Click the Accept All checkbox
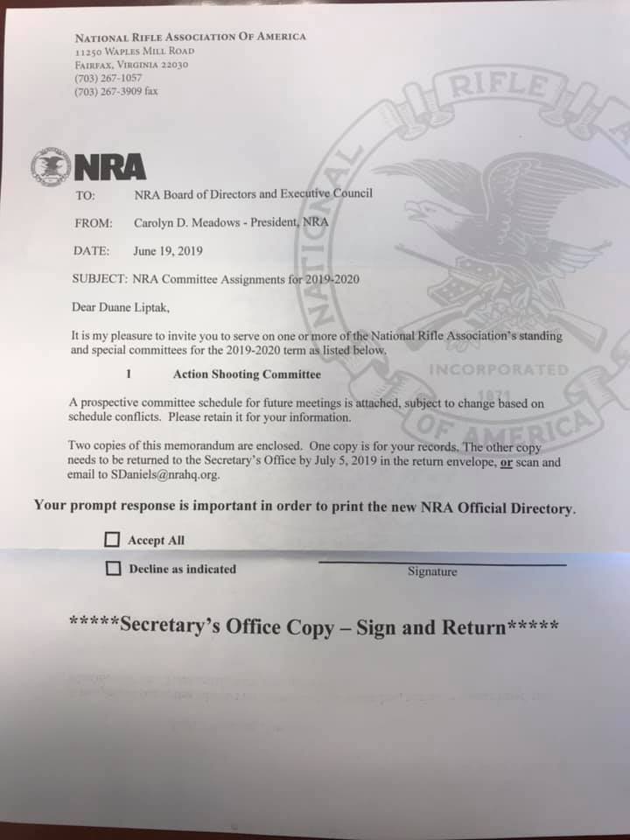click(x=113, y=540)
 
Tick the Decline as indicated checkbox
click(x=113, y=569)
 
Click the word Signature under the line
click(x=432, y=571)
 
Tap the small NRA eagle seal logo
click(x=50, y=165)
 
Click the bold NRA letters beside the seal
click(x=109, y=166)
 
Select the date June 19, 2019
click(x=168, y=251)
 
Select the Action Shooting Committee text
click(x=247, y=374)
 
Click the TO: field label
click(x=86, y=194)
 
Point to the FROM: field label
click(x=93, y=223)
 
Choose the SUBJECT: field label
click(x=99, y=279)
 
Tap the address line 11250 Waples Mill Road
click(x=135, y=52)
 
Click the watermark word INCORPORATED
click(x=499, y=369)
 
